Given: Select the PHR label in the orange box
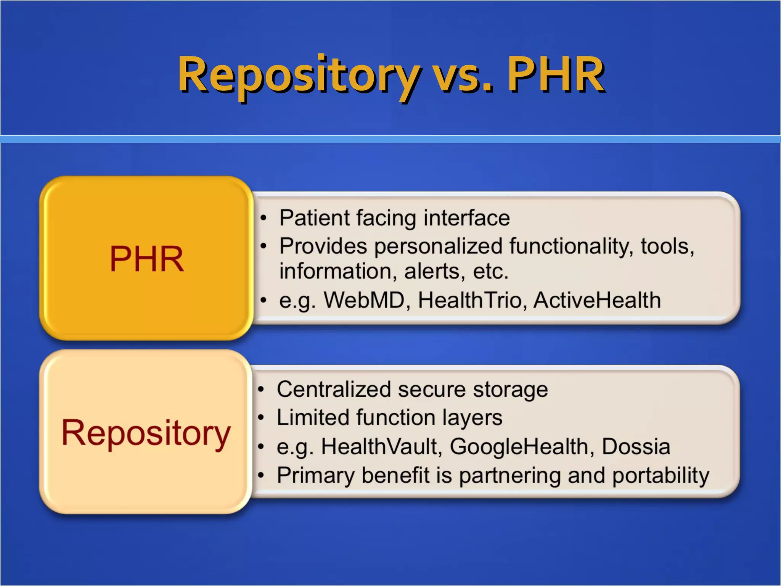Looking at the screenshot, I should [147, 259].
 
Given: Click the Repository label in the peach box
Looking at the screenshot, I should [146, 433].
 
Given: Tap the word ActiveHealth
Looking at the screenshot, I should [597, 300].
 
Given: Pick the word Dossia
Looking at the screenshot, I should [636, 446].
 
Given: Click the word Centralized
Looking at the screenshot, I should [334, 390].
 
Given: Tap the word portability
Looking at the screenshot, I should [660, 475].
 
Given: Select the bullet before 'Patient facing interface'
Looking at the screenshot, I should [263, 218].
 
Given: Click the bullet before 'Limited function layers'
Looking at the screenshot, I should [261, 418].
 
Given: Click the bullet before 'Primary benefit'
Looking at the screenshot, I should [261, 475].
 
